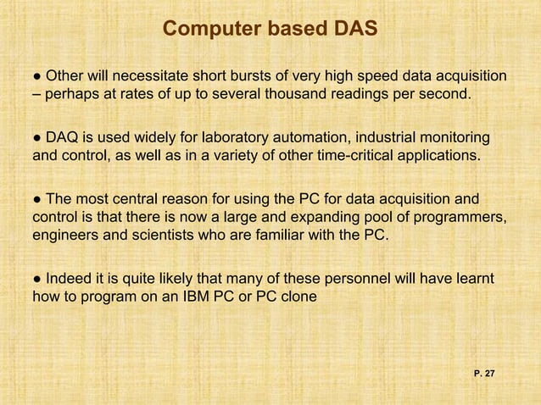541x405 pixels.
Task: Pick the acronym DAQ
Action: click(x=63, y=137)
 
